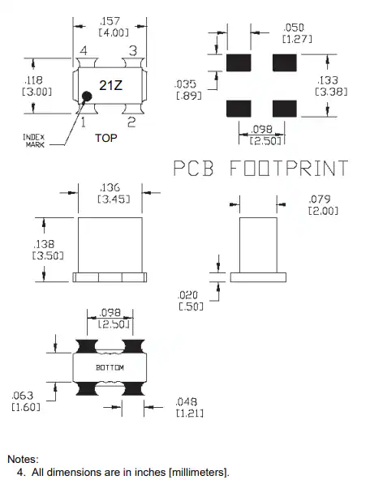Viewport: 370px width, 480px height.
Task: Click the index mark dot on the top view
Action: (87, 96)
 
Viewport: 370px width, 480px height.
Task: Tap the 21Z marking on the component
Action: (110, 85)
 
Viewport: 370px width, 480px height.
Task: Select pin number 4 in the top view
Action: (84, 50)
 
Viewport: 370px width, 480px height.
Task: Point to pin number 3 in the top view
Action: (132, 50)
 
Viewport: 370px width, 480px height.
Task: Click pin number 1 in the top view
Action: (84, 122)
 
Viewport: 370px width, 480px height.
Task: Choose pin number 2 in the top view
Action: (131, 122)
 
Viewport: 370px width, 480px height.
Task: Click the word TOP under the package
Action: (106, 138)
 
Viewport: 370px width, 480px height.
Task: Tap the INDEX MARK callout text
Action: (34, 141)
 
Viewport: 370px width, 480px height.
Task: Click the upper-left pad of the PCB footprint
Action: (239, 62)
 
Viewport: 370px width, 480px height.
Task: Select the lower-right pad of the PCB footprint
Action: (285, 109)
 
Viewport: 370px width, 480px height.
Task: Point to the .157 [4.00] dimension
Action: (114, 27)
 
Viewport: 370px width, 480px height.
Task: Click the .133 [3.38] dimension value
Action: (331, 86)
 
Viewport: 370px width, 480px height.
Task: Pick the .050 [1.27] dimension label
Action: (297, 33)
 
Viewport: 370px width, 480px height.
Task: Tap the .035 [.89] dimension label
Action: (188, 90)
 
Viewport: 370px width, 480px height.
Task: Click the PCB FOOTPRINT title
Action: (260, 168)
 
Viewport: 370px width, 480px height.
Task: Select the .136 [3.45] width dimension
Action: (114, 193)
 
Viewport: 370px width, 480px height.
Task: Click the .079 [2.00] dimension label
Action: (323, 205)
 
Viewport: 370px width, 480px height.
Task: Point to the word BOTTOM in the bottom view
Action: (110, 367)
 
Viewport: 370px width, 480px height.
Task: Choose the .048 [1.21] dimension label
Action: (190, 407)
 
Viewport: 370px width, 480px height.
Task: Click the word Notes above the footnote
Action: (23, 459)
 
